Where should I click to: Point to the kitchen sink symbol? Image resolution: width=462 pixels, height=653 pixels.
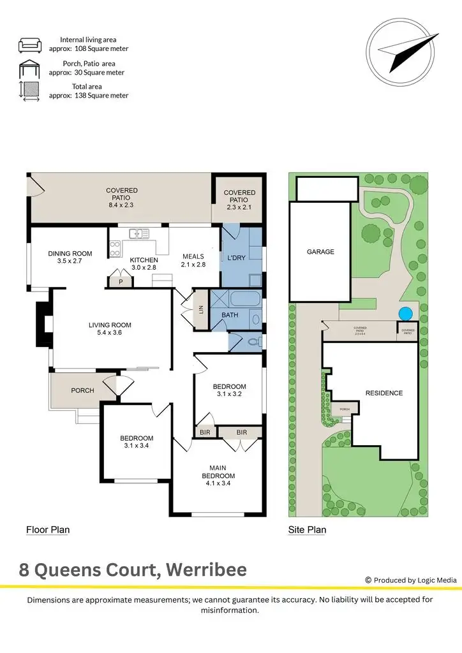coord(138,233)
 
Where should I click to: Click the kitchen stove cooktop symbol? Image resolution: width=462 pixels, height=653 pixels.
coord(115,248)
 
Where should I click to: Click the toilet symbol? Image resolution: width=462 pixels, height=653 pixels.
coord(253,342)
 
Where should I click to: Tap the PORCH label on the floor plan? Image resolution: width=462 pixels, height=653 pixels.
coord(82,390)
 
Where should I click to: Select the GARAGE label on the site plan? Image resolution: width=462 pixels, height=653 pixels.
coord(320,252)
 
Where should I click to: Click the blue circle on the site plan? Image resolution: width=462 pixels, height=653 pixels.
coord(405,314)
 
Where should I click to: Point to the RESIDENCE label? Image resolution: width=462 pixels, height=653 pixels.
coord(384,393)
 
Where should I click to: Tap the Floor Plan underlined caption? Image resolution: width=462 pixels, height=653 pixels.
coord(47,529)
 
